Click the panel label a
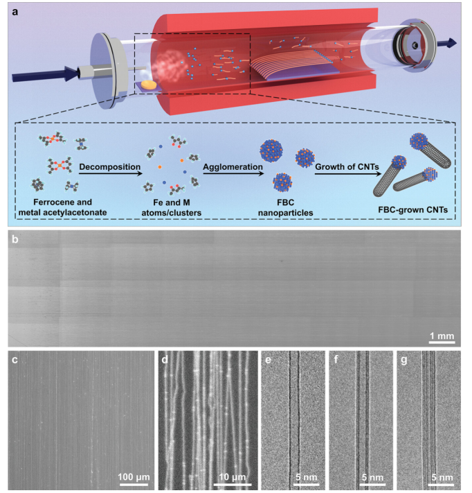[15, 12]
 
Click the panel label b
[15, 240]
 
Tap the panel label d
[165, 360]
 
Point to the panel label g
[404, 361]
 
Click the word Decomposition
[110, 166]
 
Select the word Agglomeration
[233, 167]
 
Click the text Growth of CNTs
[347, 166]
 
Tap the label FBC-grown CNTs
[412, 209]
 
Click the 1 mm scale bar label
[442, 336]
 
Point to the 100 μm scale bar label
[134, 476]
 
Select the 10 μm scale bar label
[233, 476]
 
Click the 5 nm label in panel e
[307, 477]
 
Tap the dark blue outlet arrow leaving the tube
[447, 43]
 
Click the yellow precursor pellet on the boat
[149, 85]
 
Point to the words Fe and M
[172, 202]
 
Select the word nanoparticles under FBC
[286, 213]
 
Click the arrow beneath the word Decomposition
[110, 173]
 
